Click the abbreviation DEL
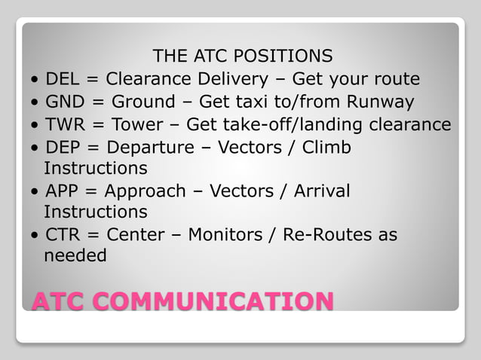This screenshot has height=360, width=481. (63, 79)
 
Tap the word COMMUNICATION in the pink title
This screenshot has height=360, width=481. (219, 301)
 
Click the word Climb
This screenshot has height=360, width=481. (326, 147)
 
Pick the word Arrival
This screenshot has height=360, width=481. (321, 191)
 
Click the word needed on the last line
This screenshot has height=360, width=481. (75, 255)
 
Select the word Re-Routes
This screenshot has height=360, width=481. (327, 235)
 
